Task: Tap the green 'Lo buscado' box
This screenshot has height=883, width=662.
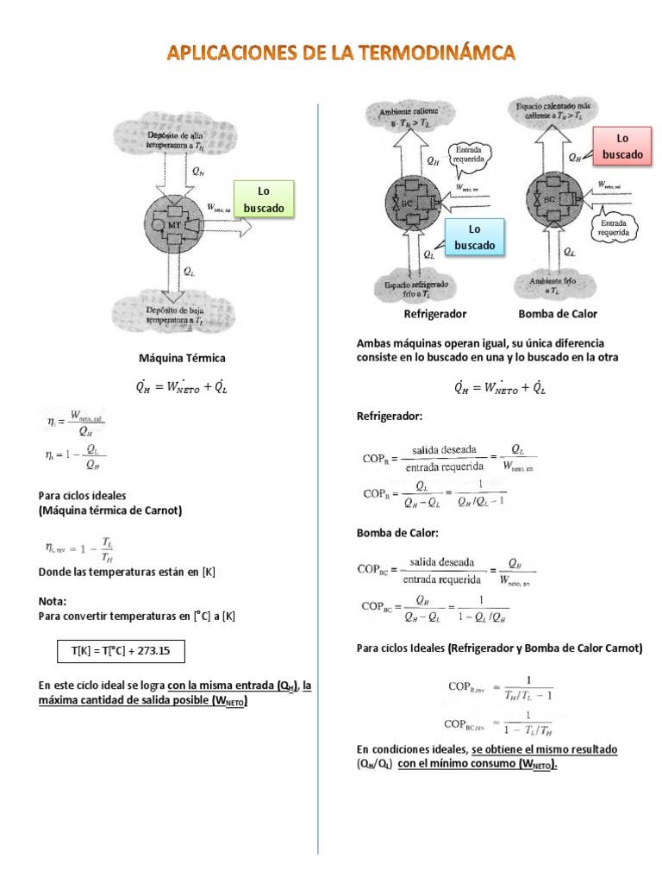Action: [264, 199]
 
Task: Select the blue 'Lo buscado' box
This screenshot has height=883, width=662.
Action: [475, 237]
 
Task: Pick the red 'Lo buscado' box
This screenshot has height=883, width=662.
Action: [623, 146]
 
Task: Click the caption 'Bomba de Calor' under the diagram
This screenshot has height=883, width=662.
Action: [557, 314]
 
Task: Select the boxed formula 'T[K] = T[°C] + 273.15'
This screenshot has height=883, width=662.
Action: [121, 651]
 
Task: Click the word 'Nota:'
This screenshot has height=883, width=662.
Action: [53, 600]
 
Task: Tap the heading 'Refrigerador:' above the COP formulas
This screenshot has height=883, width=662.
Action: [390, 416]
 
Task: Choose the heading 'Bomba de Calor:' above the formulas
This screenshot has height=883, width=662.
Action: [397, 533]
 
